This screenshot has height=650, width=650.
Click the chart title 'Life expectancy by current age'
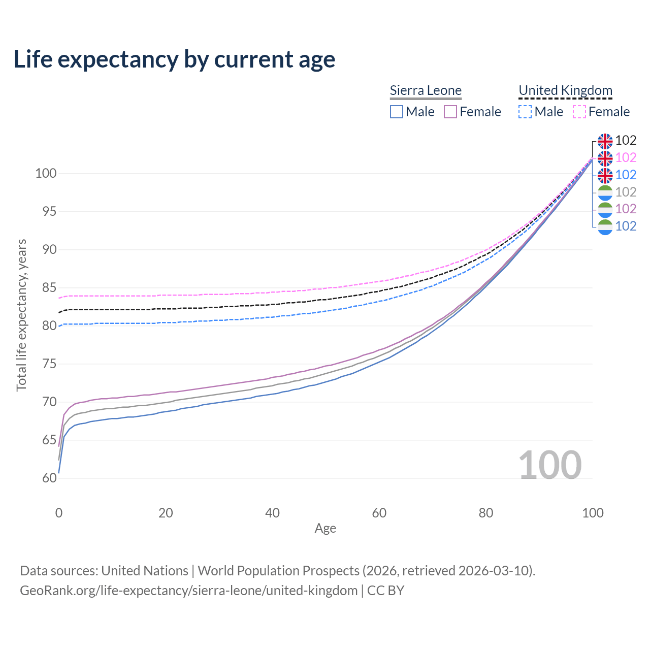coord(174,59)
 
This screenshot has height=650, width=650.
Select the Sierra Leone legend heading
coord(426,90)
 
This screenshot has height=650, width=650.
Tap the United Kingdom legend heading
coord(565,90)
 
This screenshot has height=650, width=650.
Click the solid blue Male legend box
coord(397,112)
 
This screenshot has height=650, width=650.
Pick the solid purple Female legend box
coord(450,112)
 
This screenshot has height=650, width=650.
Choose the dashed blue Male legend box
coord(525,112)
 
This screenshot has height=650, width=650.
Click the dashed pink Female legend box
coord(579,112)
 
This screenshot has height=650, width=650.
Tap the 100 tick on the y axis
coord(46,174)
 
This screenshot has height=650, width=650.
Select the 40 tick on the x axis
coord(273,513)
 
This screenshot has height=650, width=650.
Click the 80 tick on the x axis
coord(486,513)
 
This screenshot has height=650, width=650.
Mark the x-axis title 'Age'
coord(326,529)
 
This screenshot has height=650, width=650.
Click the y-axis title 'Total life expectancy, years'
coord(21,315)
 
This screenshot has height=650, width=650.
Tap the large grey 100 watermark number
coord(550,465)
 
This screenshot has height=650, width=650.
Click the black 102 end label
coord(626,141)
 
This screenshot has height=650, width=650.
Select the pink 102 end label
coord(626,158)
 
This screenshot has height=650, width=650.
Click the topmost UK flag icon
coord(605,141)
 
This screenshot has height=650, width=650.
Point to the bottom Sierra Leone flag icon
coord(605,226)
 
